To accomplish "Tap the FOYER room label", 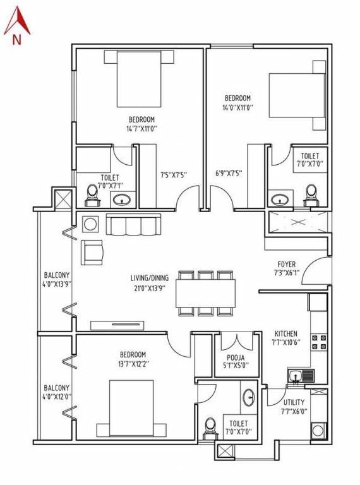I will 286,264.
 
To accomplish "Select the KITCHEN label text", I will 286,333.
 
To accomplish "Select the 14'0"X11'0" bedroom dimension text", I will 237,108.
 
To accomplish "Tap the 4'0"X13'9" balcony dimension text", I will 56,285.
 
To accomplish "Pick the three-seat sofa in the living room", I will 133,224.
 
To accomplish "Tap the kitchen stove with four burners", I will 319,342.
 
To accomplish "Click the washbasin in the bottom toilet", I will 248,397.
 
